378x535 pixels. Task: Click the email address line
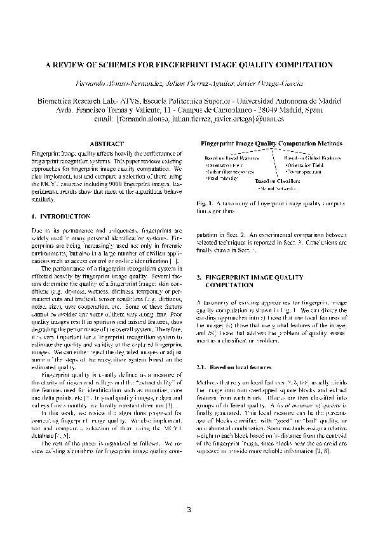pos(189,118)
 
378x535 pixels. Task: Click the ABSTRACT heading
pos(106,144)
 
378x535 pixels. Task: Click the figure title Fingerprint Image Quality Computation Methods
pos(271,144)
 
